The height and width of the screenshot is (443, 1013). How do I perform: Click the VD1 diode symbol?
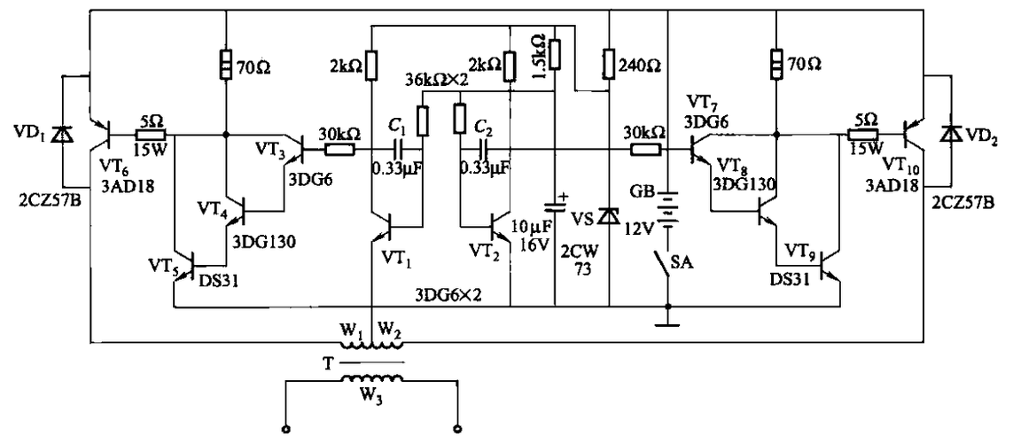[61, 135]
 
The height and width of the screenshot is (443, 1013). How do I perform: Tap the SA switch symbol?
[660, 263]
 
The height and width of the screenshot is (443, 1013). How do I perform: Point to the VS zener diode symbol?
[609, 215]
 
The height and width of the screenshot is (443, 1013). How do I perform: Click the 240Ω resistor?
[609, 64]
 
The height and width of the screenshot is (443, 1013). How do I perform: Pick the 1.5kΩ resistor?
[554, 54]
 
